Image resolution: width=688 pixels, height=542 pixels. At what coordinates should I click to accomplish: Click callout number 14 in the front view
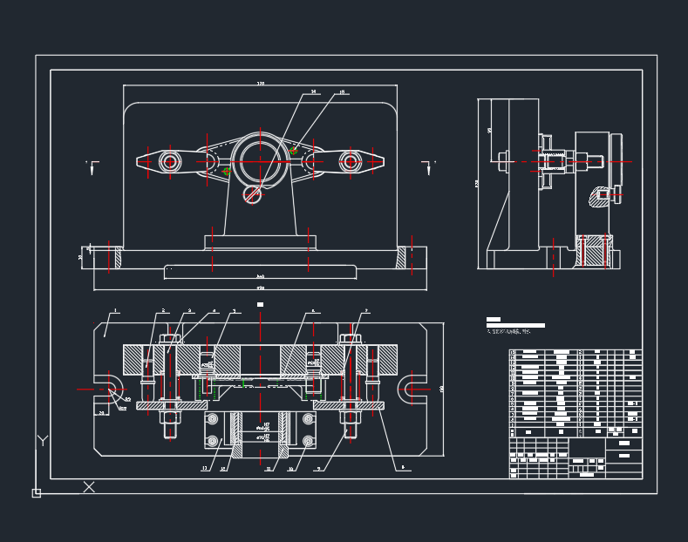[313, 91]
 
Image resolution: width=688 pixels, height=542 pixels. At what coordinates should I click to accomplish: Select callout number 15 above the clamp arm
[342, 91]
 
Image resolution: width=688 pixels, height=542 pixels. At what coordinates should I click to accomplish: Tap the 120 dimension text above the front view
[260, 84]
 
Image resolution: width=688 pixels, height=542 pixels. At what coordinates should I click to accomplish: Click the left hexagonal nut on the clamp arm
[170, 160]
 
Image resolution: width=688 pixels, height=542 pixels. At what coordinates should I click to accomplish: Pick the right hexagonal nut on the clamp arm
[351, 160]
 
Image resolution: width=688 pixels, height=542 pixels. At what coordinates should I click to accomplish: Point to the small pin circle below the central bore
[253, 194]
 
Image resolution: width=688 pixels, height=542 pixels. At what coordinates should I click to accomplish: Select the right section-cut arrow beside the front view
[428, 166]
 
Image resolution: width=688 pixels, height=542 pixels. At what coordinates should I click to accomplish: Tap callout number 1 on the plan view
[114, 310]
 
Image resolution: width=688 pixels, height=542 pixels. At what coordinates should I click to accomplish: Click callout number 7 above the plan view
[366, 310]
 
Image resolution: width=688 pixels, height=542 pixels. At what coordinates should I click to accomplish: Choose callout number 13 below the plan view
[205, 469]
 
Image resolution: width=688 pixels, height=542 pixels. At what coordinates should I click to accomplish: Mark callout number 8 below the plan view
[402, 468]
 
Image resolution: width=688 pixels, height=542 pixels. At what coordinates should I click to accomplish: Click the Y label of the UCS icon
[41, 441]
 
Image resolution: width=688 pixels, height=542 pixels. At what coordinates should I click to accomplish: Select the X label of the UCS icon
[88, 487]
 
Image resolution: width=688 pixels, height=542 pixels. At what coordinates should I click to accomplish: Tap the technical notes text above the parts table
[515, 329]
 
